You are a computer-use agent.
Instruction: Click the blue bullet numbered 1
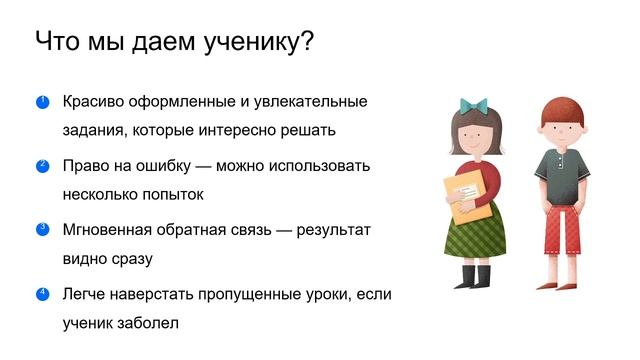pyautogui.click(x=42, y=101)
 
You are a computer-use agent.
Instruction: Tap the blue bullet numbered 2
pyautogui.click(x=42, y=165)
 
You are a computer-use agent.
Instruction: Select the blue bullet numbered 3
pyautogui.click(x=42, y=229)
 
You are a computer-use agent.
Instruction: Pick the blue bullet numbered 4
pyautogui.click(x=42, y=293)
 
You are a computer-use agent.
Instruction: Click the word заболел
pyautogui.click(x=152, y=323)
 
